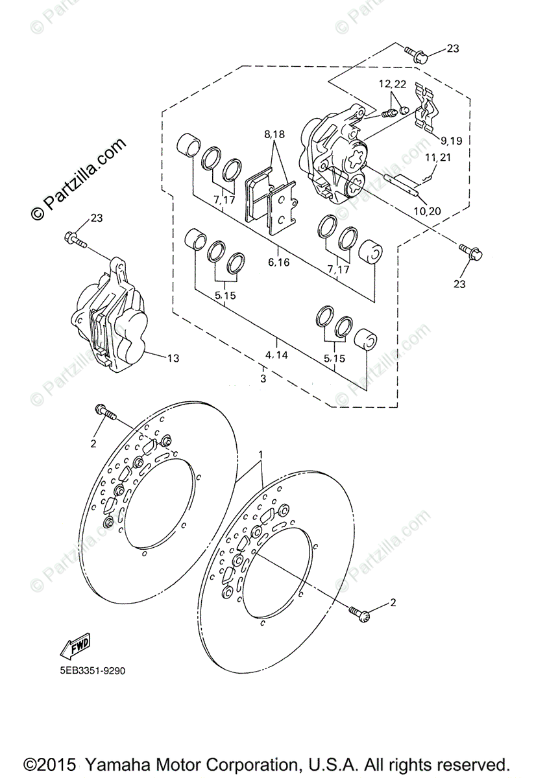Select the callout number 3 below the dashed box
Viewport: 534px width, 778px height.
(263, 378)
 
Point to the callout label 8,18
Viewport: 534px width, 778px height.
(274, 135)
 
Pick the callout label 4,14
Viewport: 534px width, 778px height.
(277, 355)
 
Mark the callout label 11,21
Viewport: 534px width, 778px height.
(439, 158)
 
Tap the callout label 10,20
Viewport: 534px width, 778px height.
(426, 211)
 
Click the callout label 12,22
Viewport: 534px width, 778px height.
(393, 84)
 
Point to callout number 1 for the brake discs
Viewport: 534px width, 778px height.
(261, 453)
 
